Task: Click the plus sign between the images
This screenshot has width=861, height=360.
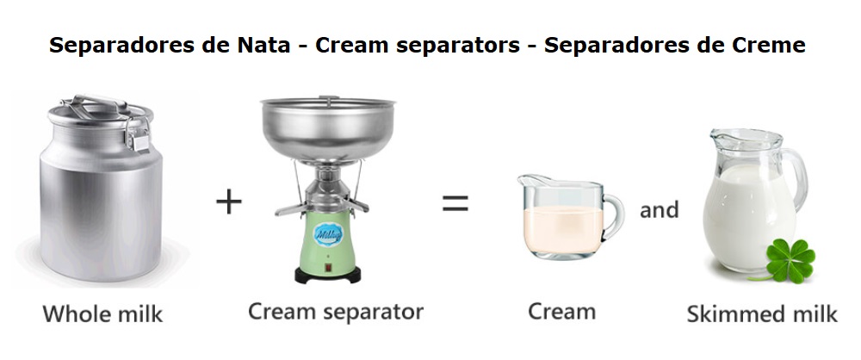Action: (x=228, y=202)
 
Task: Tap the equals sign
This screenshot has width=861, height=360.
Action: (x=455, y=203)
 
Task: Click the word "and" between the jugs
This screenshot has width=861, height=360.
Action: (x=659, y=209)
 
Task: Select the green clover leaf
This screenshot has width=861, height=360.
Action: (x=790, y=260)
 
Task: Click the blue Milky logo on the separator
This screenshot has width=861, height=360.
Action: (x=328, y=234)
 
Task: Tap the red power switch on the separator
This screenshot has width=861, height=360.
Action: (x=328, y=268)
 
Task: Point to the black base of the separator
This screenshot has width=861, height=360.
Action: (x=328, y=275)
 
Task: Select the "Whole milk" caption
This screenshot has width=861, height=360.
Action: (x=102, y=313)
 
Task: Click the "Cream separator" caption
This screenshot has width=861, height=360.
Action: (x=336, y=312)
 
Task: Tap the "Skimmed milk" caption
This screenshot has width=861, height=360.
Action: (x=762, y=313)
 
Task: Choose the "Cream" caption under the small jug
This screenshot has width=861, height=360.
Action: (x=561, y=312)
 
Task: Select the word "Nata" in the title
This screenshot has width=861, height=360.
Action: (x=263, y=45)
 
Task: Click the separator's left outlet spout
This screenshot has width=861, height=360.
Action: (x=291, y=209)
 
